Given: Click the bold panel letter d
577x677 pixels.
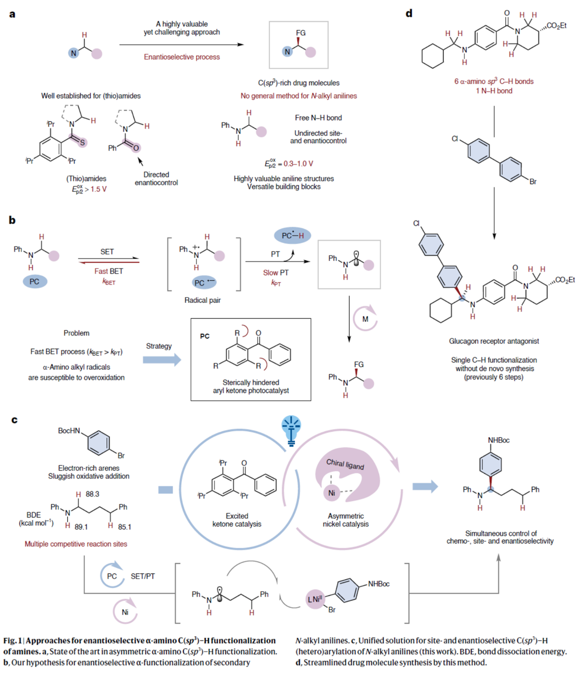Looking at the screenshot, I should click(x=409, y=13).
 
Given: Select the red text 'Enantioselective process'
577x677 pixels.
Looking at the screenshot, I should click(x=181, y=57).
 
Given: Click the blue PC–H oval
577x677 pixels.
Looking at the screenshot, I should click(x=292, y=235).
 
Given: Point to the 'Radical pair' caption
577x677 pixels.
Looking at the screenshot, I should click(x=202, y=300).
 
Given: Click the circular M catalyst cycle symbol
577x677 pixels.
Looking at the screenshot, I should click(x=365, y=319).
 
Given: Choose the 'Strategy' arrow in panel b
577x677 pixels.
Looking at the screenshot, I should click(x=161, y=360).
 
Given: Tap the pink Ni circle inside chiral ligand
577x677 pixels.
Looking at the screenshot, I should click(x=332, y=493).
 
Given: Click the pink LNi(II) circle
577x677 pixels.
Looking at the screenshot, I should click(x=315, y=599).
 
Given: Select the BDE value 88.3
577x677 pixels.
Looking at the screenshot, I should click(x=92, y=494).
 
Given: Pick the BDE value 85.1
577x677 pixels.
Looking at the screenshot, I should click(x=125, y=527).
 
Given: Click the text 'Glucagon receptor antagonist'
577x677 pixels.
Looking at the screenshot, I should click(x=494, y=341).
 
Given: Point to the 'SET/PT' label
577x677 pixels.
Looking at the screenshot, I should click(x=143, y=576).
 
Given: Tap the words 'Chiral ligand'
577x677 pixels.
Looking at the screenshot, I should click(x=345, y=464).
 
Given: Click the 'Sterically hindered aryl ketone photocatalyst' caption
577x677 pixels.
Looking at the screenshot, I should click(x=251, y=387).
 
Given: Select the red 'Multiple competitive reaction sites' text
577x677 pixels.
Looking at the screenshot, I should click(x=76, y=544).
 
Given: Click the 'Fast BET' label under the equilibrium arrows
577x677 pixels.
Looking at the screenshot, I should click(x=109, y=271).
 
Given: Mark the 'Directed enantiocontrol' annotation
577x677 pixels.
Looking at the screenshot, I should click(x=156, y=178).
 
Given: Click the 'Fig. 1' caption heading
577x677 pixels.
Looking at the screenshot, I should click(x=13, y=641).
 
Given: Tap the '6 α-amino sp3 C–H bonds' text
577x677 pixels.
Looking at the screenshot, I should click(x=494, y=81).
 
